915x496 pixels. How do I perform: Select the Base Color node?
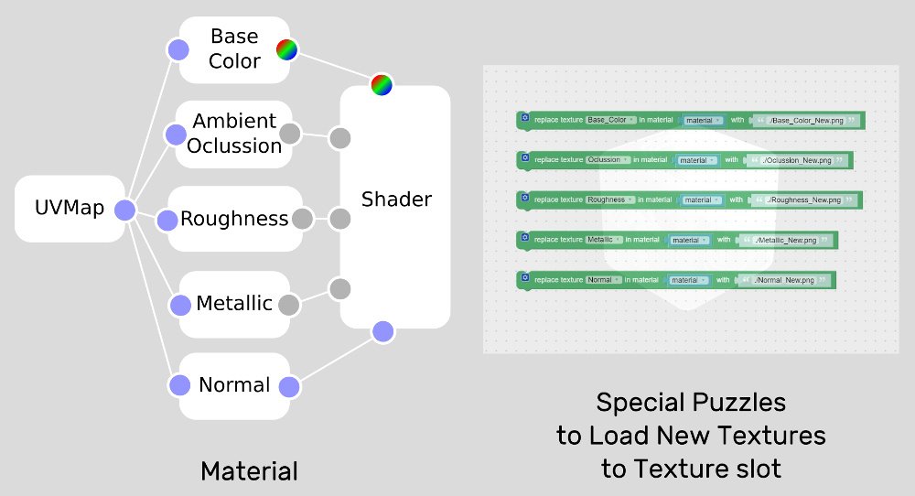233,49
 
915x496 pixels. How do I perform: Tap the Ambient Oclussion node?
234,134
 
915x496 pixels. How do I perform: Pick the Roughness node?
234,219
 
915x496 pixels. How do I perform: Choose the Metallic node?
234,303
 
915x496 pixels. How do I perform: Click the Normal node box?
234,385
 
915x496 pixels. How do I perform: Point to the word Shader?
395,199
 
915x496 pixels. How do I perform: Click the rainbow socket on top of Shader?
382,85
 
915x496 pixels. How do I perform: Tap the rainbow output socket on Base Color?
288,50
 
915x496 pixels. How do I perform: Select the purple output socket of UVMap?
125,210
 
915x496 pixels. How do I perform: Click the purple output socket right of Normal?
289,387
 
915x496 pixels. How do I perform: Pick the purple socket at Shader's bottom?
383,331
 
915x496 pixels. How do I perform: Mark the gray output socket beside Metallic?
288,305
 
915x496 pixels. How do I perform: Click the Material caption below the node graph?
249,471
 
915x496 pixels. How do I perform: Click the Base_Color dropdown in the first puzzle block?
608,120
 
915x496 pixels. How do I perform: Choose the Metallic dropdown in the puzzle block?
604,240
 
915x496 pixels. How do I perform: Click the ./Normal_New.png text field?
785,280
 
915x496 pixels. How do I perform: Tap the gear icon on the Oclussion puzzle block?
524,157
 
